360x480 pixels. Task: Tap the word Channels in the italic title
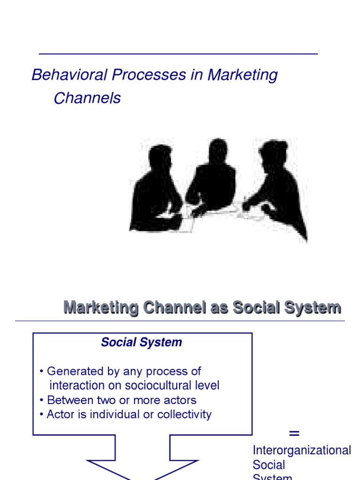tap(87, 98)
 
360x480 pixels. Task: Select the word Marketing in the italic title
tap(242, 75)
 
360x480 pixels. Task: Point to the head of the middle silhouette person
tap(218, 150)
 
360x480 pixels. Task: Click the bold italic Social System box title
tap(142, 343)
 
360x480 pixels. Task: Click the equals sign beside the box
tap(294, 433)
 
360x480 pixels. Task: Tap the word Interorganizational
tap(302, 450)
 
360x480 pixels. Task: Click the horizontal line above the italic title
tap(178, 54)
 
